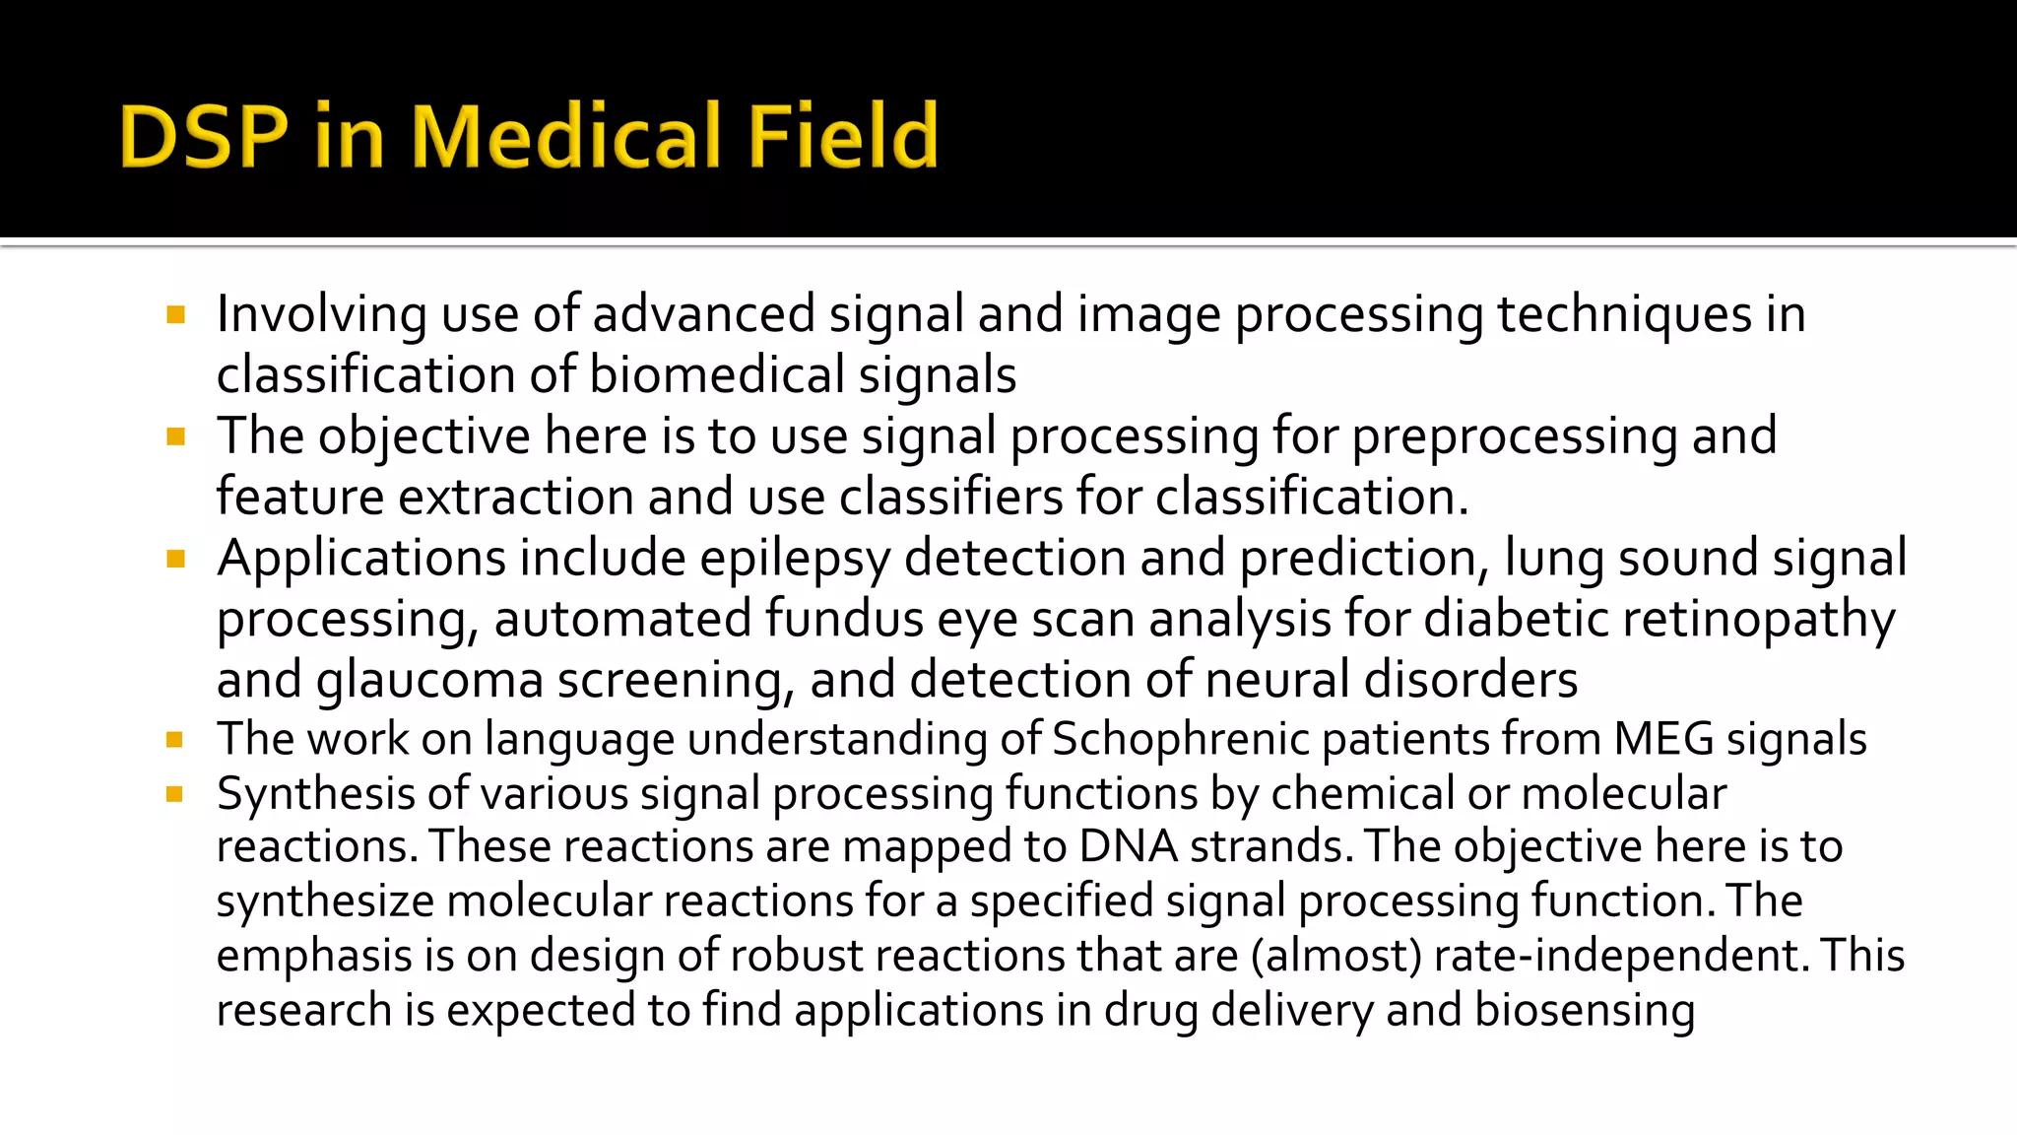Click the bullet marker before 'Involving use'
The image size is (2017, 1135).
click(176, 315)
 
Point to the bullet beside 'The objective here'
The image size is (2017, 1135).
click(176, 437)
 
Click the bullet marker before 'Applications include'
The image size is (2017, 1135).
click(176, 560)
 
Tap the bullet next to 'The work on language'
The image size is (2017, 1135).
click(175, 740)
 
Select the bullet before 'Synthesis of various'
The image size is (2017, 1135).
click(175, 794)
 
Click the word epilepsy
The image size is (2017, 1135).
click(795, 560)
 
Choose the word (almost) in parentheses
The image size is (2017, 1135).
click(1336, 957)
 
